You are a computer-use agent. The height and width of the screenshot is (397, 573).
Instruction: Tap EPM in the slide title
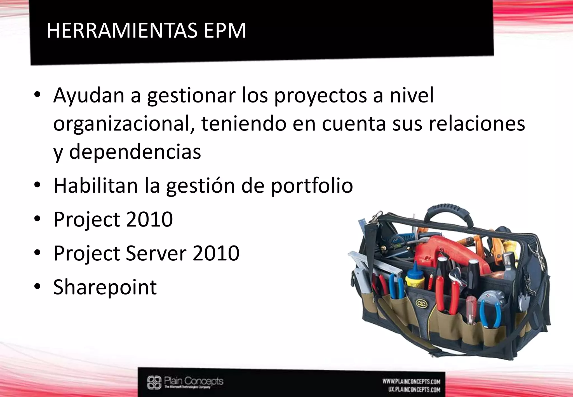225,31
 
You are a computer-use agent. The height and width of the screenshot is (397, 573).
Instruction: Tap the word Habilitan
95,186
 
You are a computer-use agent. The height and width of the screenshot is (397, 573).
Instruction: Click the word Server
156,253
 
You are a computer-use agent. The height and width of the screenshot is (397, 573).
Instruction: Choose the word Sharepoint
105,287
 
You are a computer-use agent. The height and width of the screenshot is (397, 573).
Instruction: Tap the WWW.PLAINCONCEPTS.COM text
411,382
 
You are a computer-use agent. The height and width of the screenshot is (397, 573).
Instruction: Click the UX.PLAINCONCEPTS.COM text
414,389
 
